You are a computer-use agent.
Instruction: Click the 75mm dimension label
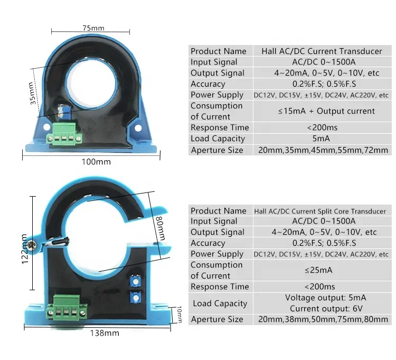pos(93,27)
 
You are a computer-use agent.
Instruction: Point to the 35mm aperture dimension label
pos(33,93)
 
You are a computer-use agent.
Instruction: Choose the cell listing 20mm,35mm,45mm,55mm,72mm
pos(322,150)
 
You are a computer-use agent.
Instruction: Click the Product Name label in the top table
pos(219,51)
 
